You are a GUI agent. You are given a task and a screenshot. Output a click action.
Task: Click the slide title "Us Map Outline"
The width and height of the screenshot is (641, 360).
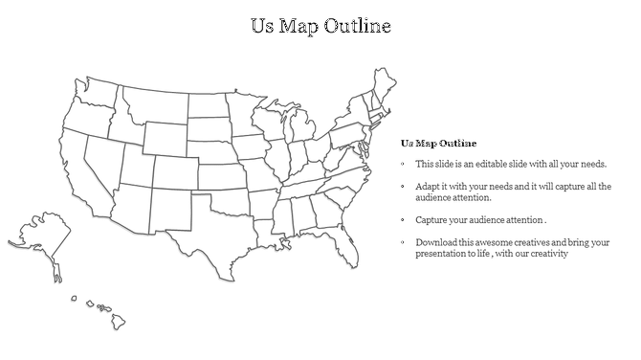tap(320, 25)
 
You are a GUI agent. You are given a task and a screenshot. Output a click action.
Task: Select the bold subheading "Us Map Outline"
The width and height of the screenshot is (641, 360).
tap(438, 143)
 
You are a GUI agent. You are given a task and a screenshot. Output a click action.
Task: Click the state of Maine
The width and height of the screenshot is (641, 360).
tap(385, 85)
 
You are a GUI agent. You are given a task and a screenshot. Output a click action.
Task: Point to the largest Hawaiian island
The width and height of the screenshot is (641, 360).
tap(119, 323)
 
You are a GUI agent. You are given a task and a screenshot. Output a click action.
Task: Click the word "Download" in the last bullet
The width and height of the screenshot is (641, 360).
tap(436, 243)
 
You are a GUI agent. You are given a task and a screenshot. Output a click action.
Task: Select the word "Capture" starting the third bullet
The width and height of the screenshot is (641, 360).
tap(431, 220)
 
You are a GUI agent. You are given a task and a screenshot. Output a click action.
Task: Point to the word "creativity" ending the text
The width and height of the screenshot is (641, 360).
tap(548, 254)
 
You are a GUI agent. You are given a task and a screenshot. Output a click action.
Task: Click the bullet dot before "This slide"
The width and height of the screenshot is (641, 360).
tap(404, 165)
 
